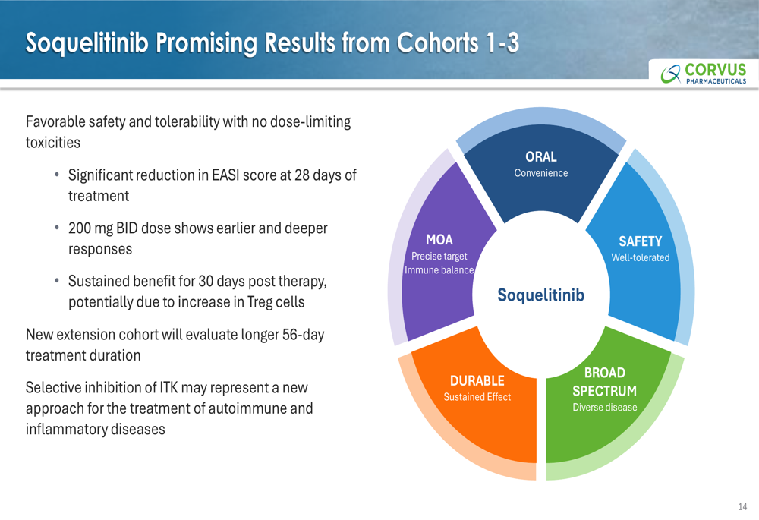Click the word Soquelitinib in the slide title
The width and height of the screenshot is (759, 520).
pos(87,43)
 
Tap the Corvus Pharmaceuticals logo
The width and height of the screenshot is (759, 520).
pos(704,73)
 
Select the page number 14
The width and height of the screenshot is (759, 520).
pos(742,506)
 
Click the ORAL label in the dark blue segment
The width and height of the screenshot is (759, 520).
pos(540,157)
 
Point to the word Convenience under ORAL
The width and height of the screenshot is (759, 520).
pos(540,173)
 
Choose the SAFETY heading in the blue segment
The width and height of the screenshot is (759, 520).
pos(640,241)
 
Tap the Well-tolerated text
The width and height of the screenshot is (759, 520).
pos(640,257)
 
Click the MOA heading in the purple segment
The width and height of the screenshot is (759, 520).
pos(439,240)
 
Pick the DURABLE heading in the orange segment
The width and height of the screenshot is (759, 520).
pos(477,380)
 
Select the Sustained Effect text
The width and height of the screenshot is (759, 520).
pos(477,397)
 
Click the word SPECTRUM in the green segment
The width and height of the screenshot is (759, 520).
pos(605,391)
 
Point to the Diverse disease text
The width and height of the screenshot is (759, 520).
pos(605,407)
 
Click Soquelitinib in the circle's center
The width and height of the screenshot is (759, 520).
pos(540,295)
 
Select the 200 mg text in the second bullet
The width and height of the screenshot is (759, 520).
pos(90,228)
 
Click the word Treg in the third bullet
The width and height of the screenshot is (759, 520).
pos(260,302)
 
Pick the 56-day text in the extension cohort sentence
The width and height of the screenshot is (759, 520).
pos(303,335)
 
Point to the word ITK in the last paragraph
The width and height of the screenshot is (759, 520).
pos(169,387)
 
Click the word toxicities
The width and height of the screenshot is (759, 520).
pos(53,143)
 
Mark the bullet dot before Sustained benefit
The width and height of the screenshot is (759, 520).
pos(57,281)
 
